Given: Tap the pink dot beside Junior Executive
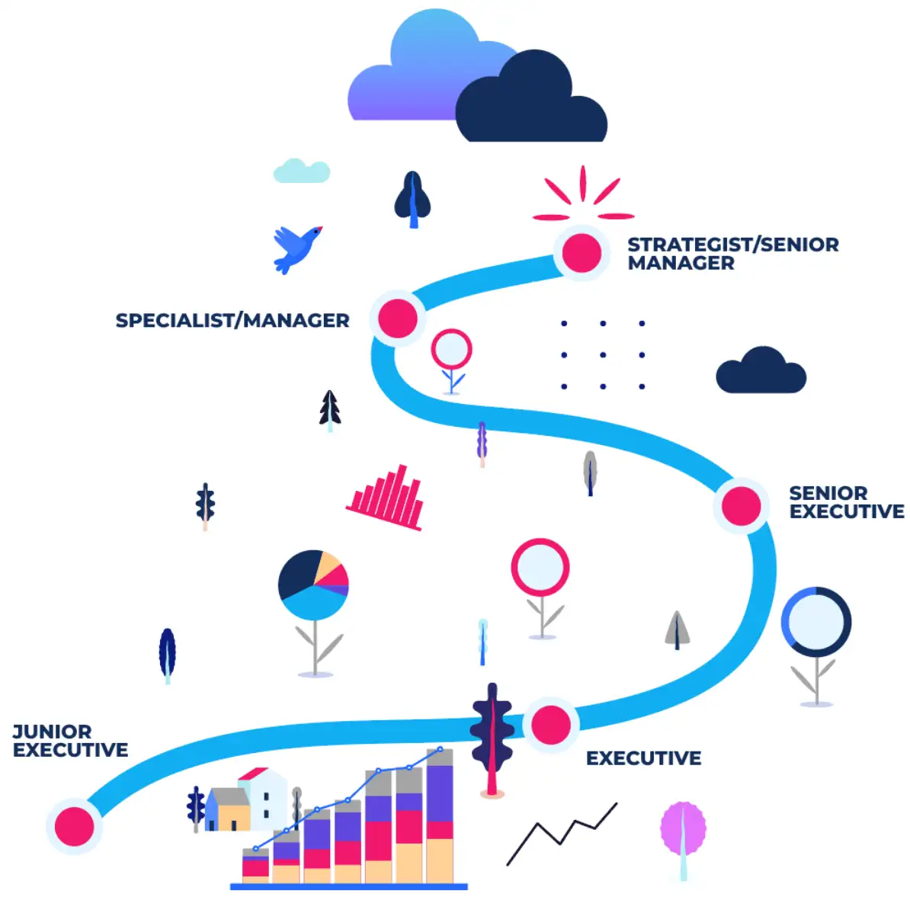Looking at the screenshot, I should coord(74,826).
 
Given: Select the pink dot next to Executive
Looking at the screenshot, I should coord(551,725).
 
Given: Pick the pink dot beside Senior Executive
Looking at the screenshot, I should coord(741,505).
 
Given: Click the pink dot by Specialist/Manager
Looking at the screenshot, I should coord(398,319).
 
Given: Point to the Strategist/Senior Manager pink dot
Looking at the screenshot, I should coord(582,253).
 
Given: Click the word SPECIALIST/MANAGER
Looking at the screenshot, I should coord(232,321).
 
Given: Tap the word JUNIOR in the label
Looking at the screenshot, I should coord(52,732).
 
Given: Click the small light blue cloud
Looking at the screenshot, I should coord(302,171).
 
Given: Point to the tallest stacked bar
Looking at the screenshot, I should coord(440,815).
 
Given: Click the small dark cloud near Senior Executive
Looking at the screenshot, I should coord(761,372).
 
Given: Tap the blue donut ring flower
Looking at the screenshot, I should coord(815,622).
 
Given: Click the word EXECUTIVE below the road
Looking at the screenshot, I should coord(643,758).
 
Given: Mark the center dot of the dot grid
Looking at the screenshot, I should coord(603,355).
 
